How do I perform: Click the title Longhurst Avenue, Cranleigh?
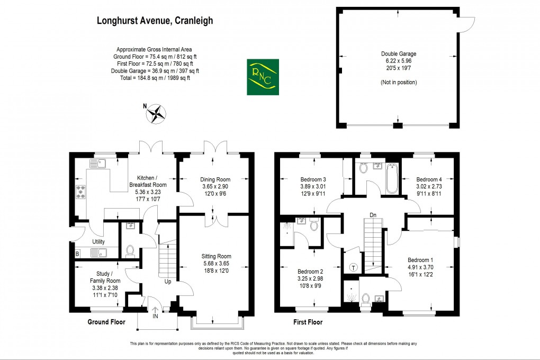pyautogui.click(x=155, y=21)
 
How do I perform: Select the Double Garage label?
pyautogui.click(x=398, y=53)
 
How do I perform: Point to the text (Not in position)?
pyautogui.click(x=398, y=83)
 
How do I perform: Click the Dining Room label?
pyautogui.click(x=214, y=179)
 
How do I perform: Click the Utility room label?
pyautogui.click(x=98, y=241)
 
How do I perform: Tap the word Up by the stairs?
pyautogui.click(x=167, y=281)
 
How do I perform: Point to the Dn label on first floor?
pyautogui.click(x=373, y=215)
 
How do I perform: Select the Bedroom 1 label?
pyautogui.click(x=420, y=259)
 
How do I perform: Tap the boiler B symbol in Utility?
pyautogui.click(x=77, y=254)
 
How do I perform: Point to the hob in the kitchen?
pyautogui.click(x=82, y=193)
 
